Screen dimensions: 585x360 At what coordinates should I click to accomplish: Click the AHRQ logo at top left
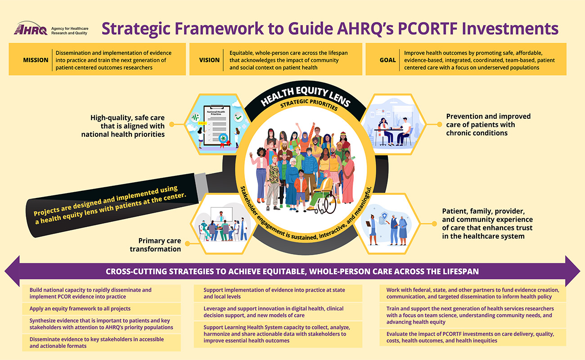[x=51, y=28]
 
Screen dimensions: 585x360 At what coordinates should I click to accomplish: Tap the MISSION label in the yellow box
[x=36, y=60]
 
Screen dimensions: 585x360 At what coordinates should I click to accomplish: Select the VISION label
[x=209, y=60]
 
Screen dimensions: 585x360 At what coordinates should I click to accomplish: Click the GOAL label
[x=387, y=60]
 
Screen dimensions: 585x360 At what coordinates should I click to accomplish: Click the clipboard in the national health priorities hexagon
[x=217, y=126]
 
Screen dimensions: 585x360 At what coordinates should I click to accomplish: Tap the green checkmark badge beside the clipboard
[x=238, y=117]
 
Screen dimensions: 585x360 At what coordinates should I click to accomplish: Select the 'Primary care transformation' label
[x=155, y=245]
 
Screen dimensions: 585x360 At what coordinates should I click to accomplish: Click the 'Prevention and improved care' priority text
[x=488, y=125]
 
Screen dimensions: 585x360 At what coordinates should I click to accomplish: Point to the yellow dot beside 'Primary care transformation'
[x=187, y=244]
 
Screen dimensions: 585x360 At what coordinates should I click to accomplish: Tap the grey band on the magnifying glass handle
[x=201, y=186]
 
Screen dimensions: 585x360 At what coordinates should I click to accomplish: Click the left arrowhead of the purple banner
[x=12, y=271]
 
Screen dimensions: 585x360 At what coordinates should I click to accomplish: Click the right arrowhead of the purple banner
[x=573, y=271]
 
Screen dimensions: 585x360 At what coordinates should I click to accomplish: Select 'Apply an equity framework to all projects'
[x=80, y=309]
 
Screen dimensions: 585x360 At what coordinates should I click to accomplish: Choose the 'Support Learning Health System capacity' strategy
[x=277, y=334]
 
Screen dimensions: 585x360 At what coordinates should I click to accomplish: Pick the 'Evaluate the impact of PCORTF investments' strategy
[x=470, y=337]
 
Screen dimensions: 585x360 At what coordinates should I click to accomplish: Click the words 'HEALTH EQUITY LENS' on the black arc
[x=305, y=95]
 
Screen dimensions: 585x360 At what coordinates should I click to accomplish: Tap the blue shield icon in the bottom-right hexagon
[x=384, y=216]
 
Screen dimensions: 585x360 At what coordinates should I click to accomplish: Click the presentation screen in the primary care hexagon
[x=221, y=214]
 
